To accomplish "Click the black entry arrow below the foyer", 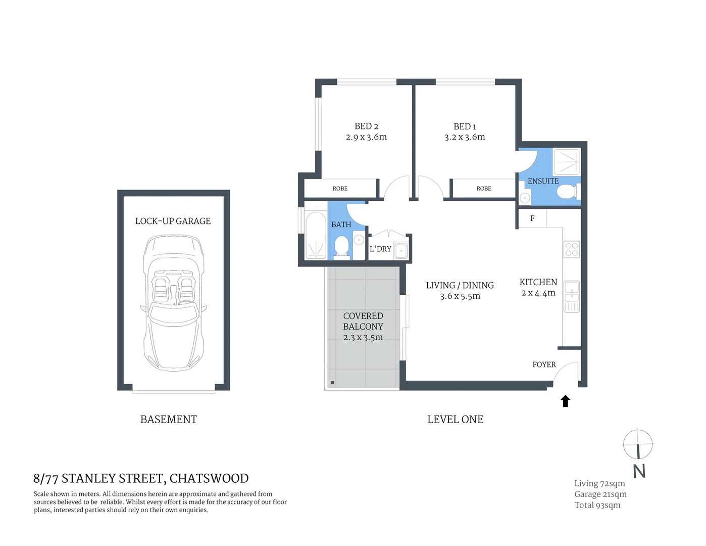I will (566, 401).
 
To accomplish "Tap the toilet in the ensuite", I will (566, 192).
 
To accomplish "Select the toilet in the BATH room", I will (342, 248).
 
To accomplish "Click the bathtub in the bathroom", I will (316, 235).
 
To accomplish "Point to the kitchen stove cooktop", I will (572, 249).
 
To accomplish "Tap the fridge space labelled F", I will (532, 218).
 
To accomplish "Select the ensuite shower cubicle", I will (567, 162).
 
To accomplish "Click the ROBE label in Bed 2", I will (340, 189).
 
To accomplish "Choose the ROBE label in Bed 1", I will (484, 189).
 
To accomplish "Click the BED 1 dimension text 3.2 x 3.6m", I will (465, 138).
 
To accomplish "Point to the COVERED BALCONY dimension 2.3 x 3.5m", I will (363, 338).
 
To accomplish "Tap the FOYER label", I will (544, 365).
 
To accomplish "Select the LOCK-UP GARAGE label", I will (173, 221).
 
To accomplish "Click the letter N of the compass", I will (639, 471).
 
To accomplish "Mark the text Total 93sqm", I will (597, 505).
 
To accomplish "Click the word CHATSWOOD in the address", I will (209, 478).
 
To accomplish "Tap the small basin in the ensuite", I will (525, 198).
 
